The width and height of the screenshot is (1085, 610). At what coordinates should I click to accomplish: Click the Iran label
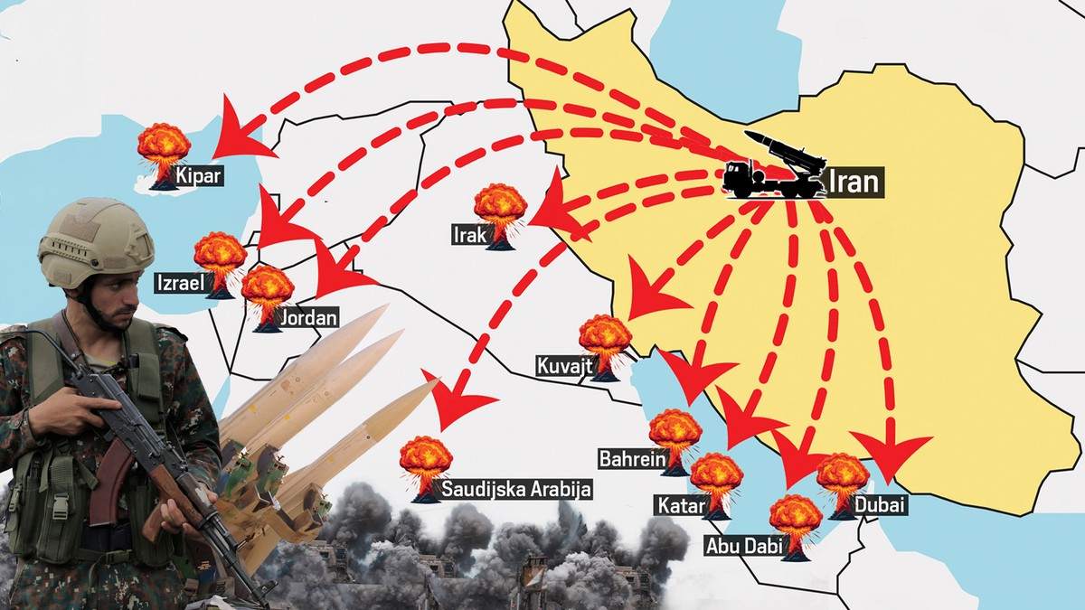[x=854, y=183]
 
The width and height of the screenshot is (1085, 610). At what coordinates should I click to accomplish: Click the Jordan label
[x=308, y=318]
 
